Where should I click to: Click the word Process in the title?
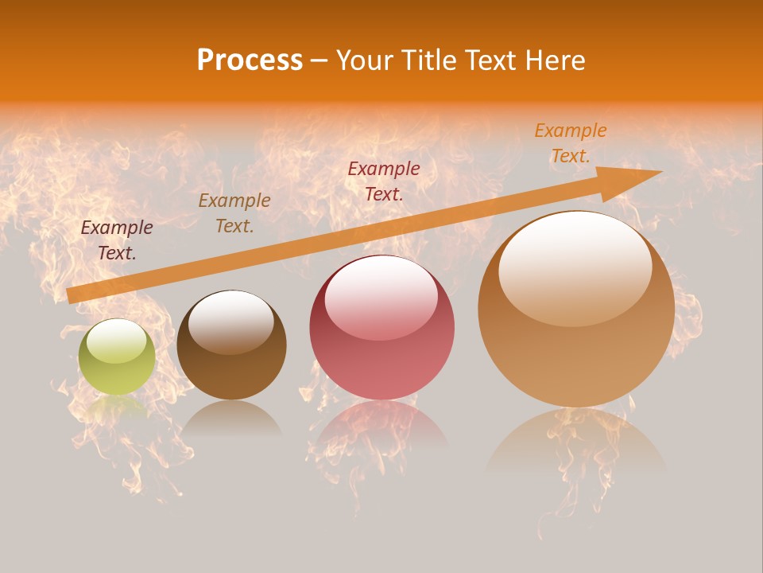click(250, 60)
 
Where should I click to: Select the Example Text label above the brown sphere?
click(234, 213)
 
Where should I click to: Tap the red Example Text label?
click(384, 181)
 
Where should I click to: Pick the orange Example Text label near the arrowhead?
click(571, 143)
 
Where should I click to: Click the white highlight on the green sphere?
click(117, 341)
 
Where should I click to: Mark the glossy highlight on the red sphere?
click(381, 298)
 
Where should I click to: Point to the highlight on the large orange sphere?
click(575, 269)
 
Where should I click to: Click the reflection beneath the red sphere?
click(381, 426)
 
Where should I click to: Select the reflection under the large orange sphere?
click(576, 442)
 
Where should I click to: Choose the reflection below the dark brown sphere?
click(231, 418)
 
